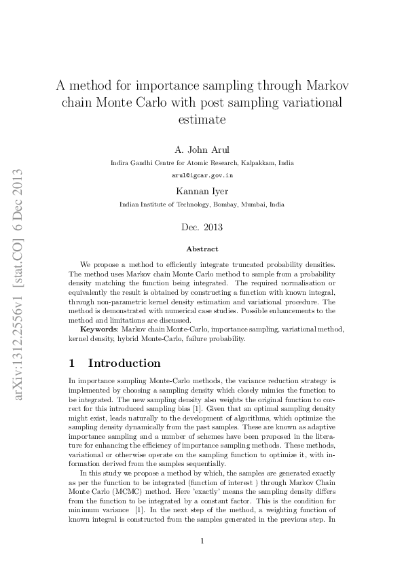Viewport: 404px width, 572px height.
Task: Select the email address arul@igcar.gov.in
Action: [x=202, y=175]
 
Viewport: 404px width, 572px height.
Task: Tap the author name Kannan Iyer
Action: [x=202, y=191]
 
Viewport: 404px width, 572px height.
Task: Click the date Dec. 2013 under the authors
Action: [x=202, y=227]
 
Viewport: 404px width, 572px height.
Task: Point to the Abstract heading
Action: [x=202, y=249]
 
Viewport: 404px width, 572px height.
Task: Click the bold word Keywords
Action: [x=98, y=328]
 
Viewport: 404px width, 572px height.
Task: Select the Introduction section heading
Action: [x=124, y=363]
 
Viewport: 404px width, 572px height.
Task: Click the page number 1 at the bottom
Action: [x=202, y=541]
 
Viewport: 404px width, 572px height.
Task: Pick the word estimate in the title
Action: [x=202, y=119]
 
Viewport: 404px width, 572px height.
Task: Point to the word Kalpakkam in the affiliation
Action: [x=259, y=163]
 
